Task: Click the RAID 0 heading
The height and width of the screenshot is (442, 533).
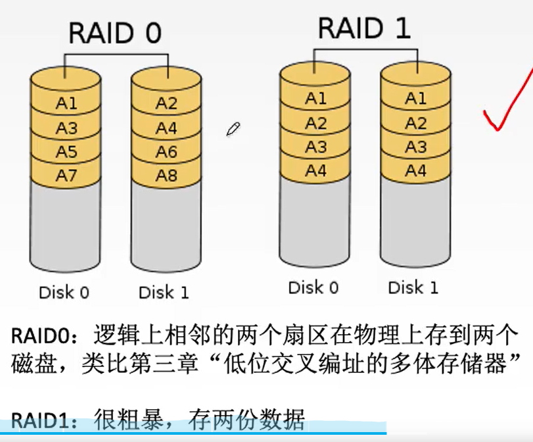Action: (x=115, y=33)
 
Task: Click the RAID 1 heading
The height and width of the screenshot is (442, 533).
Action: (x=364, y=28)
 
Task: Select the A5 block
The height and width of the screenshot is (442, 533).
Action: (x=66, y=152)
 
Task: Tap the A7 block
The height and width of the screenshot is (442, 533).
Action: (x=66, y=176)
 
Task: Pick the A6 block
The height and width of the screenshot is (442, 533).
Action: (x=166, y=152)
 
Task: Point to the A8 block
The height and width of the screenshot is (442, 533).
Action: (x=166, y=176)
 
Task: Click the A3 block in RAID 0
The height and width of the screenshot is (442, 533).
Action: (x=66, y=128)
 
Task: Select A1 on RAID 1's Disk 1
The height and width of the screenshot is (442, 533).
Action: (x=415, y=99)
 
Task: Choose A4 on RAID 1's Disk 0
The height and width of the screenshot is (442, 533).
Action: (x=315, y=170)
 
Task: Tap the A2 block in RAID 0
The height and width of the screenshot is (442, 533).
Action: (x=166, y=103)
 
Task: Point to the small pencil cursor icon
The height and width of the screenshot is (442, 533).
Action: (x=233, y=128)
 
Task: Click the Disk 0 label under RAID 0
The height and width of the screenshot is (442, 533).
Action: (x=64, y=292)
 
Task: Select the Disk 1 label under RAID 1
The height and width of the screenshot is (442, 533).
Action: (x=413, y=287)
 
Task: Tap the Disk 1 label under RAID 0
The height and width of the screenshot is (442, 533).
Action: (x=164, y=292)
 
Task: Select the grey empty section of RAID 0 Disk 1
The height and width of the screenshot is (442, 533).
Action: (x=166, y=227)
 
